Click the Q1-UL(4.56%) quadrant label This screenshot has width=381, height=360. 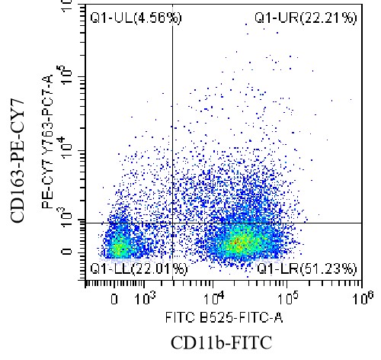[x=125, y=17]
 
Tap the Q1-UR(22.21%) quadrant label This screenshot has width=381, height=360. [x=305, y=17]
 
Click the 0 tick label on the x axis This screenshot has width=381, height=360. [x=115, y=298]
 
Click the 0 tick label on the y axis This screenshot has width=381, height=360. [x=70, y=252]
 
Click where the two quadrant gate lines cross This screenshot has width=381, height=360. [x=172, y=223]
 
